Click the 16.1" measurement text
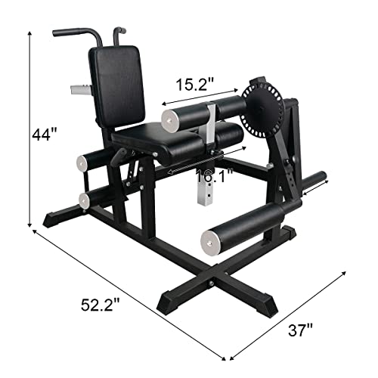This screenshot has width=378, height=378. click(212, 178)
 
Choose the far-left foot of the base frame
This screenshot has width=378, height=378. click(51, 220)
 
